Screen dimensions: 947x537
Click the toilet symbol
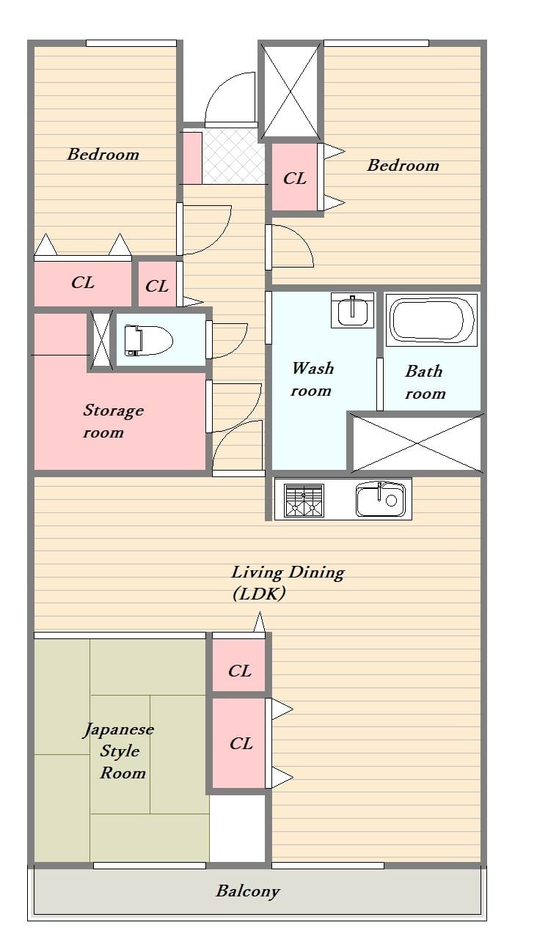pos(147,340)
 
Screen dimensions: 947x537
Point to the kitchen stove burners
pos(304,500)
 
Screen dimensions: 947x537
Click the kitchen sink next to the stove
pos(380,500)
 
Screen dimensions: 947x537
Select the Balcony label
pos(247,891)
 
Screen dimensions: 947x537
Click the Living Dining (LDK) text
pos(287,583)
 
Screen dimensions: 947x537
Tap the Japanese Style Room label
pos(120,751)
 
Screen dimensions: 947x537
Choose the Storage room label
pos(112,421)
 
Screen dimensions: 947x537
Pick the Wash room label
pos(312,379)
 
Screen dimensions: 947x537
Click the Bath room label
pos(425,382)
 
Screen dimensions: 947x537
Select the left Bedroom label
pos(103,154)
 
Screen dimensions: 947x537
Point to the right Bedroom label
pos(403,165)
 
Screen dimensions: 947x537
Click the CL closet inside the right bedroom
pos(295,178)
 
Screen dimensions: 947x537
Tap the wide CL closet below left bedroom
pos(82,283)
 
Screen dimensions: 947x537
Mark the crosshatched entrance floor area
pos(234,158)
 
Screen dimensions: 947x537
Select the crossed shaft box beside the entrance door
pos(291,91)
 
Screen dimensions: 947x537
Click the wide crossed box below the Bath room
pos(416,443)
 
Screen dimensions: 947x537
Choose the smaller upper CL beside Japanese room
pos(239,670)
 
